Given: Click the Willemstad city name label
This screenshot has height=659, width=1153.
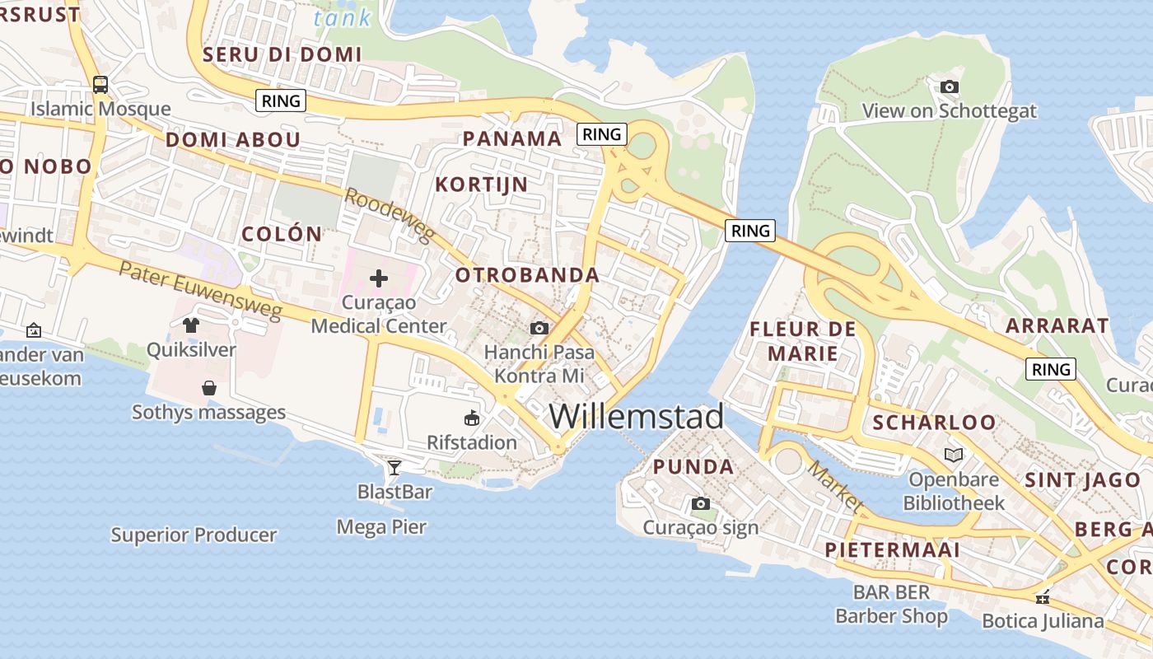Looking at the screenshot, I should click(636, 417).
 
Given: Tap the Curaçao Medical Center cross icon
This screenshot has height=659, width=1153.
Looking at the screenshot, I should click(379, 278).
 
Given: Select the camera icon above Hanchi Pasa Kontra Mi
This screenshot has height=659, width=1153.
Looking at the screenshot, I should click(539, 329).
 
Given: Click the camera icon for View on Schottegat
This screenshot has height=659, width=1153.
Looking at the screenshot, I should click(949, 86).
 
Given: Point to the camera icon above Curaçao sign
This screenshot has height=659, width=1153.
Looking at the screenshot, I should click(700, 503).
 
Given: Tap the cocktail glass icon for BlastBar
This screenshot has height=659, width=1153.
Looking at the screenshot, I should click(394, 468).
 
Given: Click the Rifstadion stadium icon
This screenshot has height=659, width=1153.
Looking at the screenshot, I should click(472, 418).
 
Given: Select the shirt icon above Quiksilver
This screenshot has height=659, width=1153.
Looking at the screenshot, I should click(191, 325).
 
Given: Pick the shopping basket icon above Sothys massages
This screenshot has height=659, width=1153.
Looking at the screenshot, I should click(209, 387).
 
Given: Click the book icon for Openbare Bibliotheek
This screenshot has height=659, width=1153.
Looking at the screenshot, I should click(954, 455).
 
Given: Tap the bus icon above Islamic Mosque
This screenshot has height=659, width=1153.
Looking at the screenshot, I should click(100, 85).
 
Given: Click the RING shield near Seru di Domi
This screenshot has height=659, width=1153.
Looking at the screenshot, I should click(282, 101).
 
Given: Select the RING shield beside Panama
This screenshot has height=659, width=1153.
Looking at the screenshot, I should click(602, 134).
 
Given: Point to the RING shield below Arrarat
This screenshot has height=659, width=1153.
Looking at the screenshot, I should click(1052, 369).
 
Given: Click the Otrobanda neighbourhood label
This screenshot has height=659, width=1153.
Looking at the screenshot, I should click(527, 275).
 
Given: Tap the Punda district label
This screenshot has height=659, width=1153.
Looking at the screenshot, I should click(693, 467).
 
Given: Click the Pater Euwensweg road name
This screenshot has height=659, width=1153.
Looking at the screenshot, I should click(200, 291).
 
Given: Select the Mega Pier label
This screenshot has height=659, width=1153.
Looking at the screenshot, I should click(381, 526).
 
